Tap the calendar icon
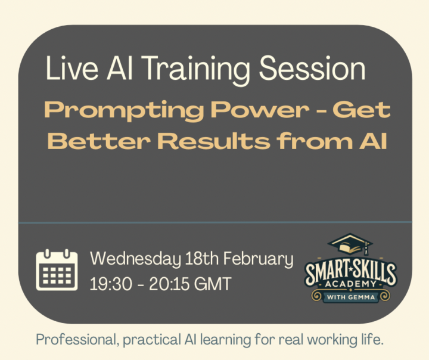tap(57, 271)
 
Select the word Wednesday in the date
tap(134, 260)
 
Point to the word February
tap(260, 260)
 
